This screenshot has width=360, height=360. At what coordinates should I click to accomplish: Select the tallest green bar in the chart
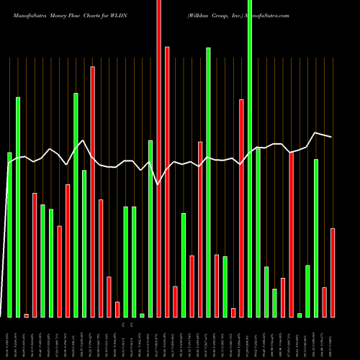(x=250, y=158)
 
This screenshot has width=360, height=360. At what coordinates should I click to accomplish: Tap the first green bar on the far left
(x=9, y=235)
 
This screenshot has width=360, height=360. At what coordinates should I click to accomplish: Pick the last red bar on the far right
(x=333, y=272)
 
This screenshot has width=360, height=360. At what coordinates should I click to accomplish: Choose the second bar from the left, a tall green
(x=18, y=207)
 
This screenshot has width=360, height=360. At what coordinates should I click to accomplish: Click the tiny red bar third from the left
(x=27, y=315)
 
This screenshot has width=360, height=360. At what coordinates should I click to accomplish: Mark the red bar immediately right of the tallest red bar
(x=175, y=301)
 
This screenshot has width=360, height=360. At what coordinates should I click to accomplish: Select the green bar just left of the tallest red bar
(x=150, y=228)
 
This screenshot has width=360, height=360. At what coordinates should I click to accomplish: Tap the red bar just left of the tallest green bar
(x=242, y=208)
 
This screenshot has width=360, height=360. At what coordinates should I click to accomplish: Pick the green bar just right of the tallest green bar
(x=258, y=232)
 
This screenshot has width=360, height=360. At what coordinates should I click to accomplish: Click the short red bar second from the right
(x=325, y=302)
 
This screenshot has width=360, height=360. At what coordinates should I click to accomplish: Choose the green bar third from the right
(x=316, y=238)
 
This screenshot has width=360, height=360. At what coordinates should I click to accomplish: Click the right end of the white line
(x=332, y=137)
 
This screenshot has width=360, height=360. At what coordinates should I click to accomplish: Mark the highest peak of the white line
(x=315, y=132)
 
